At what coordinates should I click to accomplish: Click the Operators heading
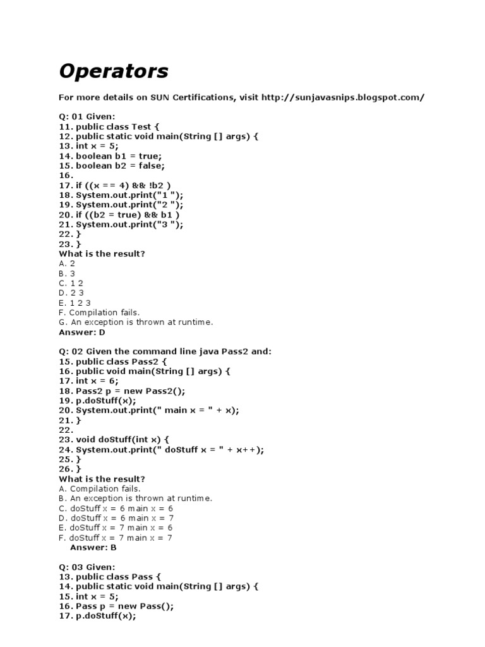pyautogui.click(x=114, y=71)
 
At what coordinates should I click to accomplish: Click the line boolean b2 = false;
pyautogui.click(x=112, y=166)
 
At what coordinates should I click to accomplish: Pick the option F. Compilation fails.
pyautogui.click(x=99, y=313)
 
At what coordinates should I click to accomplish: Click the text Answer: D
pyautogui.click(x=82, y=332)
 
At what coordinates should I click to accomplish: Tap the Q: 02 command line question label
pyautogui.click(x=165, y=351)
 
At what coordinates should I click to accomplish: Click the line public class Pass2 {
pyautogui.click(x=112, y=361)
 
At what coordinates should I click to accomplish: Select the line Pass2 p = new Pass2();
pyautogui.click(x=116, y=390)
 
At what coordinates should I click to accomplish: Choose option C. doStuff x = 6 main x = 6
pyautogui.click(x=116, y=508)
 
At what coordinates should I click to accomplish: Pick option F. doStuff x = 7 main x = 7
pyautogui.click(x=116, y=538)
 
